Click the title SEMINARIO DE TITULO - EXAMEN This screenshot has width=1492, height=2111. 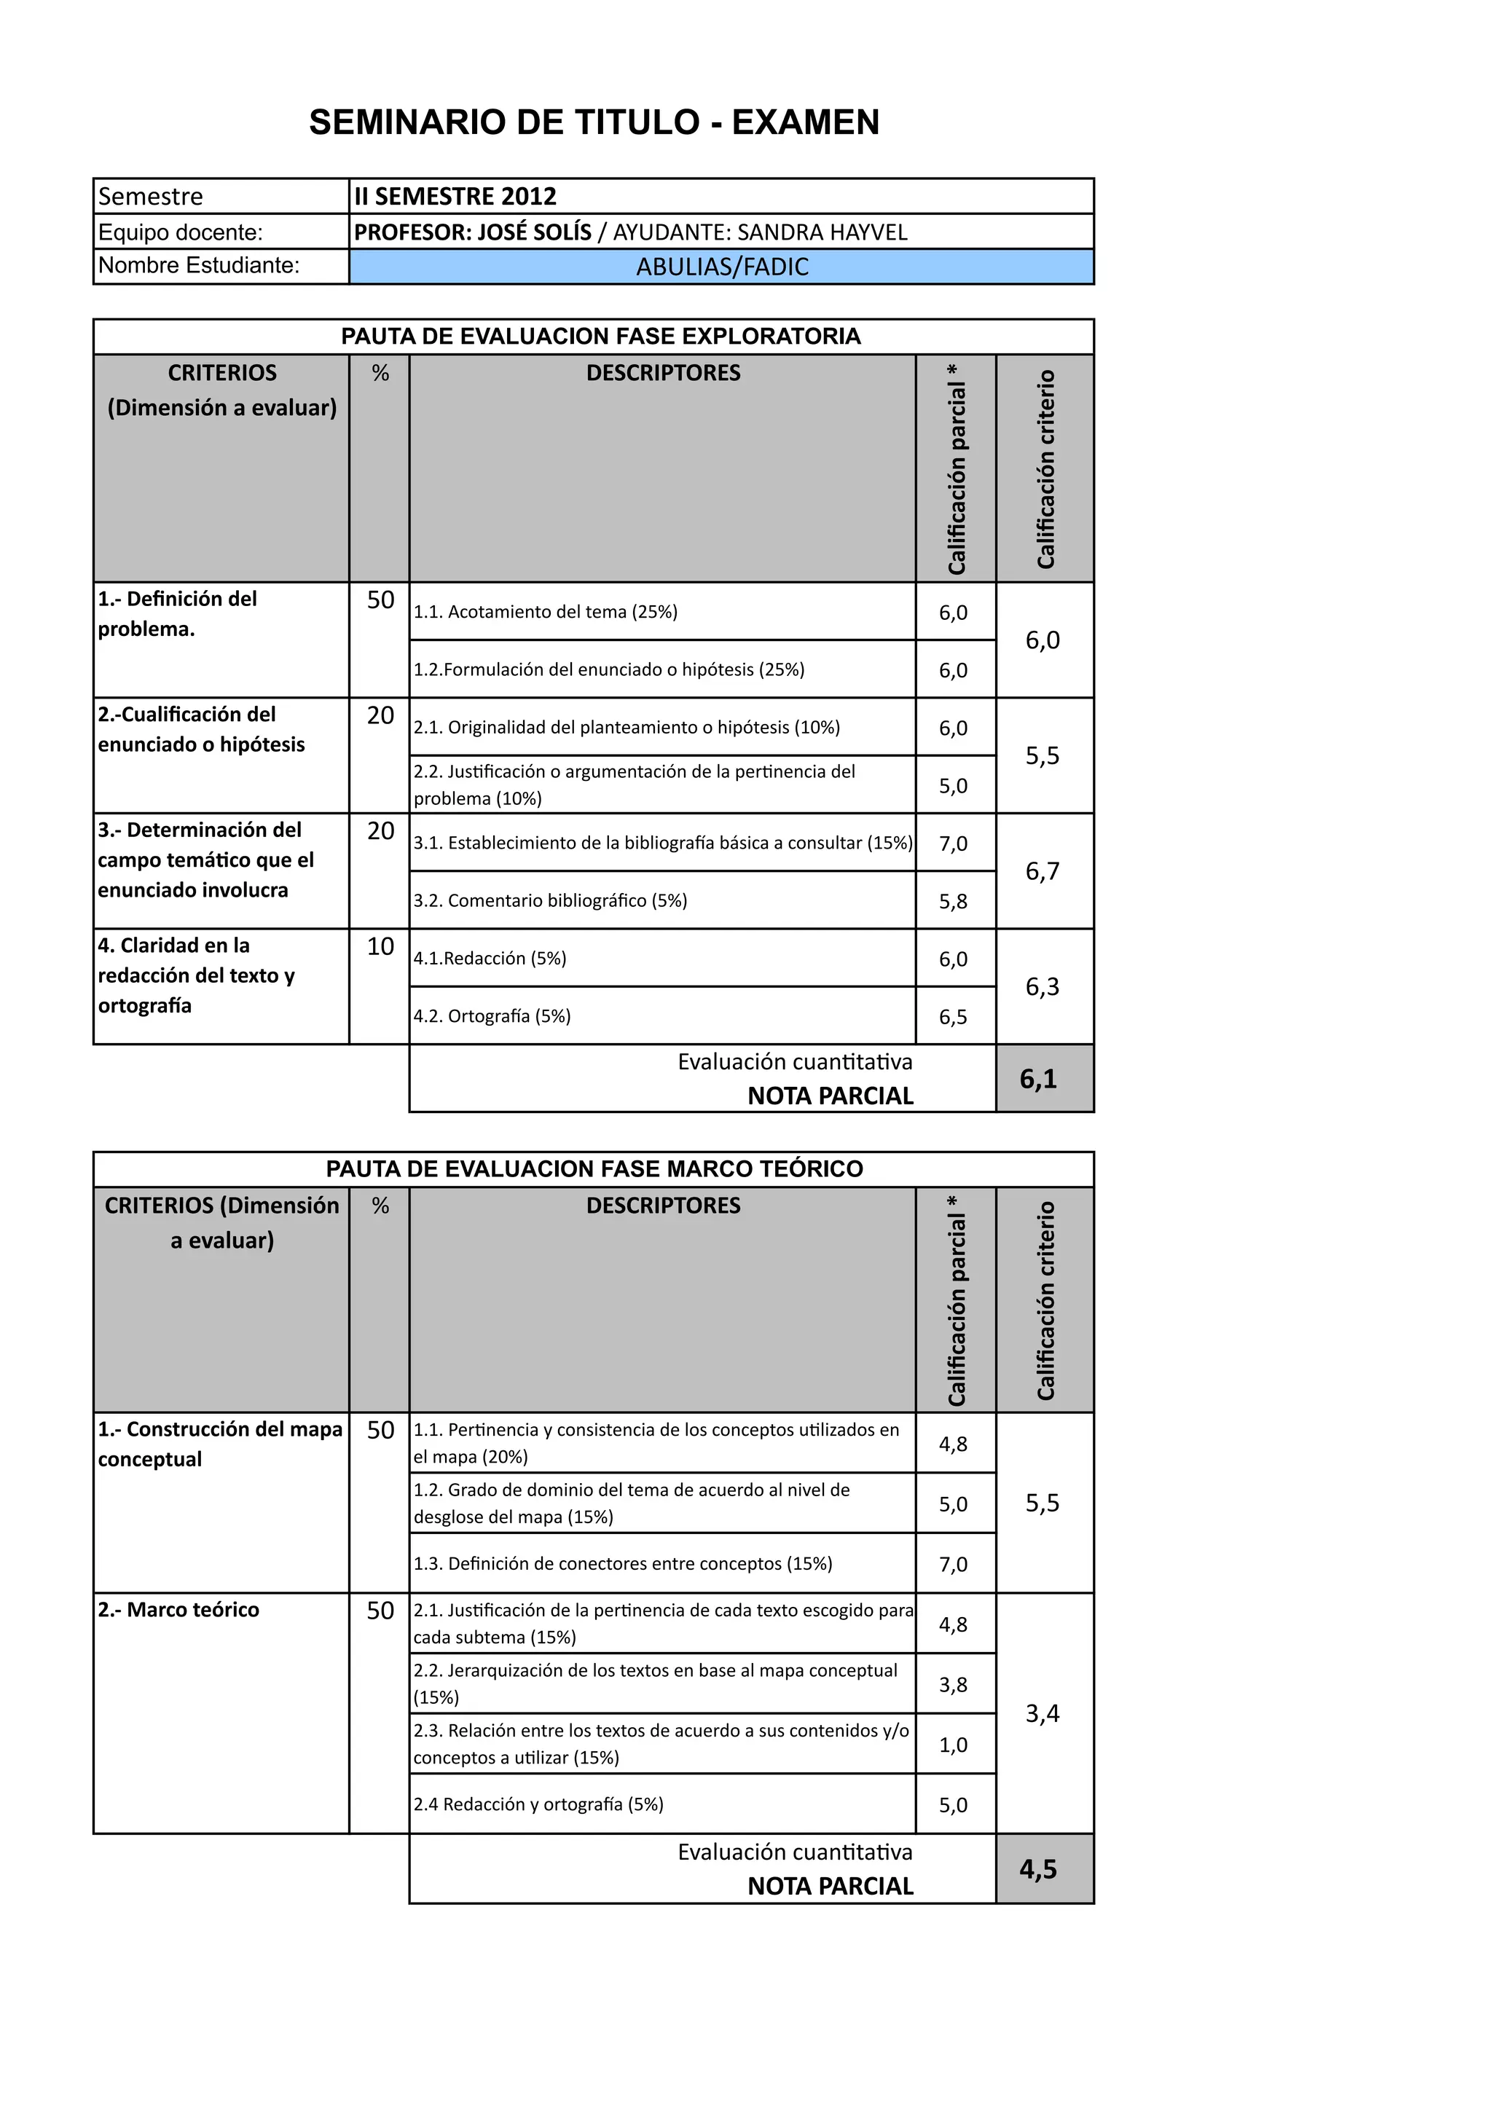point(594,122)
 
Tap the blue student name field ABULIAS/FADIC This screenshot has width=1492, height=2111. point(722,267)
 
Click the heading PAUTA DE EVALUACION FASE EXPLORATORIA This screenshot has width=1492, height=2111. point(600,337)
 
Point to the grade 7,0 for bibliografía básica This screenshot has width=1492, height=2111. point(954,843)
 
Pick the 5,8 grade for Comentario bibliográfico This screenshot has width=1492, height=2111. point(954,901)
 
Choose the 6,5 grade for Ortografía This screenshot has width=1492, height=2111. point(954,1017)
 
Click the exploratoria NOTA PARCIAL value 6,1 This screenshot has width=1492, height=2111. point(1039,1079)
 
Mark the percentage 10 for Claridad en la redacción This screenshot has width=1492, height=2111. point(380,946)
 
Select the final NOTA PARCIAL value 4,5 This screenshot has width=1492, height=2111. point(1039,1869)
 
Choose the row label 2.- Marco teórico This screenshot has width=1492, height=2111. point(178,1609)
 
